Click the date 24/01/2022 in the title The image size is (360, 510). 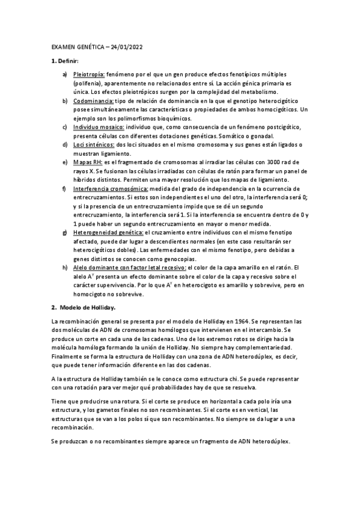[126, 47]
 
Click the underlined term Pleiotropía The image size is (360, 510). [88, 75]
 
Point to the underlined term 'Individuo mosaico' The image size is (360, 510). [99, 127]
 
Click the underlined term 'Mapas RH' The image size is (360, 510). [87, 162]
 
